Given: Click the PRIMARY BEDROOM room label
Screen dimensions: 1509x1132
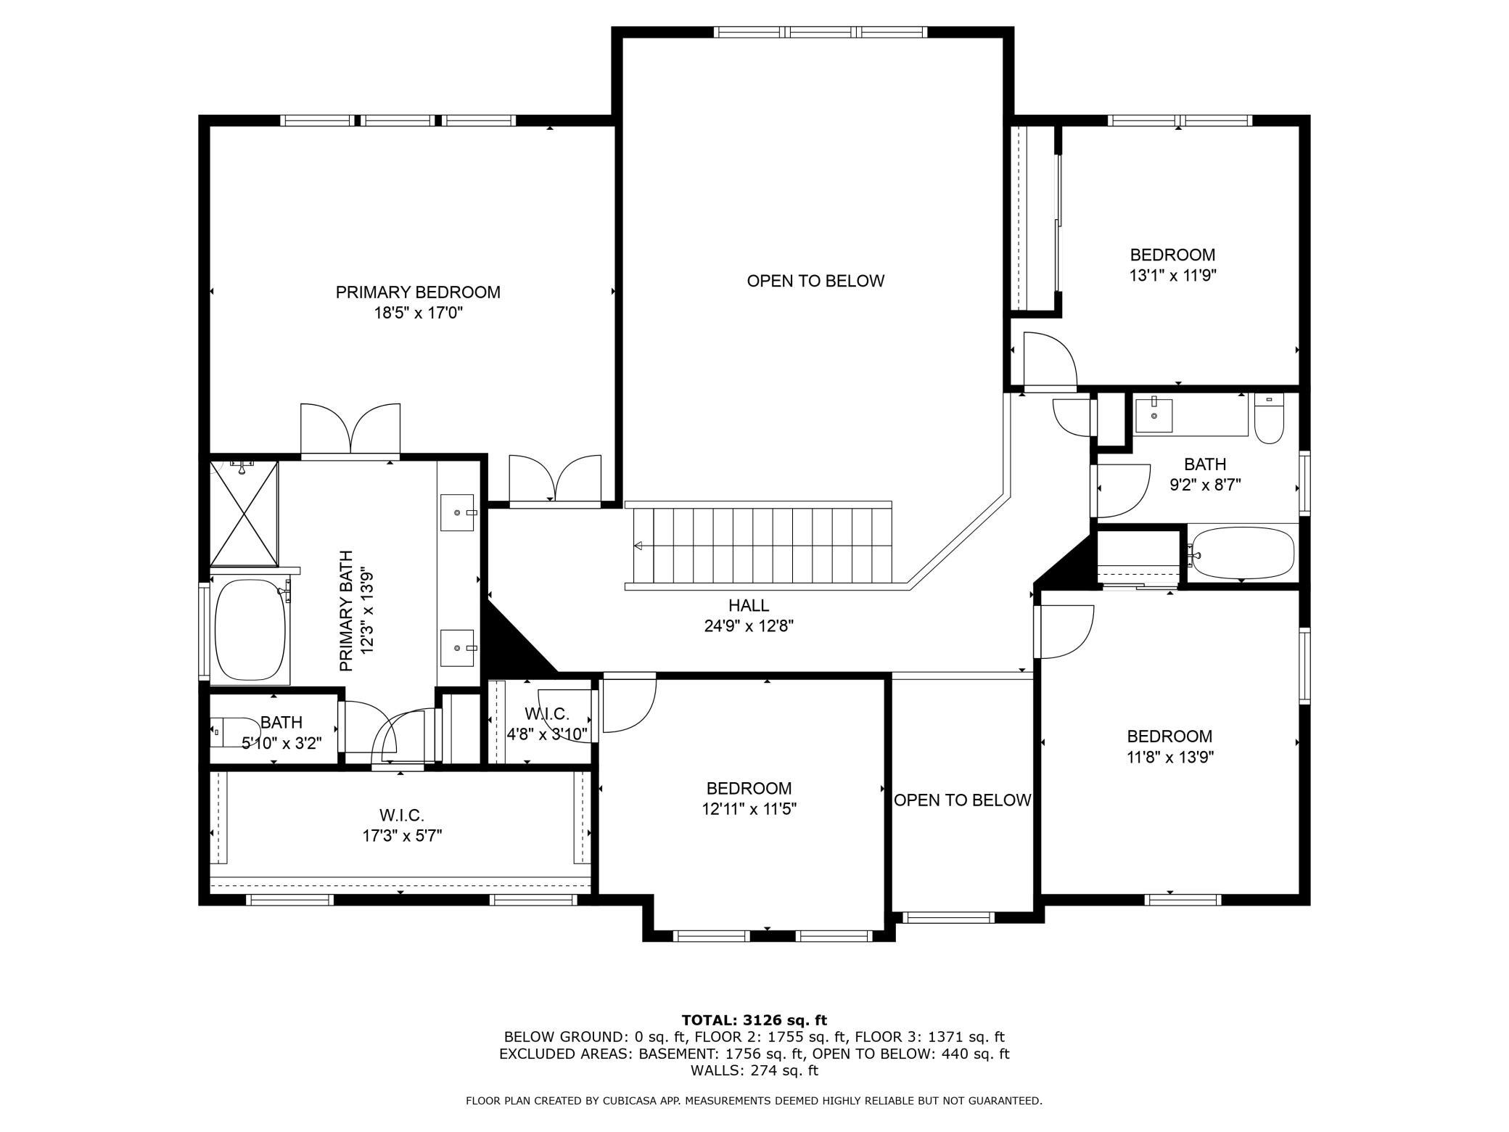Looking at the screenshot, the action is tap(418, 292).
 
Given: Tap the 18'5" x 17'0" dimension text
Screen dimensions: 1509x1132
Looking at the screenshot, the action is tap(418, 313).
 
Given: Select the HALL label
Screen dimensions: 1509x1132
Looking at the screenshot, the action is tap(749, 605).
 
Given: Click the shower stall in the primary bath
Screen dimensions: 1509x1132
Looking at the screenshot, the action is tap(244, 513).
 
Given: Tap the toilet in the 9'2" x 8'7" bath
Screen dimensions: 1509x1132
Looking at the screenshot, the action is tap(1269, 419).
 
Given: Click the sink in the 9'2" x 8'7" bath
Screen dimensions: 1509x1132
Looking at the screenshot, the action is tap(1154, 414).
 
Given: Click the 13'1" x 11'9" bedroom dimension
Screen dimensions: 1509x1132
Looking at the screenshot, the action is tap(1172, 276).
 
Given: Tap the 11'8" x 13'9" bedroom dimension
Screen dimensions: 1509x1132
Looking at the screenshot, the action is tap(1170, 757).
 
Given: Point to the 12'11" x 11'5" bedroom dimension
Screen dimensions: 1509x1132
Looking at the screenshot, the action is tap(749, 809).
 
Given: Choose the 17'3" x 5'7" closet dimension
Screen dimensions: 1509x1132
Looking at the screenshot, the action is tap(402, 836).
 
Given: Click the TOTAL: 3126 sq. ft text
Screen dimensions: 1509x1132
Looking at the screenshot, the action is tap(754, 1020).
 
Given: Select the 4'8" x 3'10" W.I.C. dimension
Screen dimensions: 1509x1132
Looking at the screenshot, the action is tap(547, 734).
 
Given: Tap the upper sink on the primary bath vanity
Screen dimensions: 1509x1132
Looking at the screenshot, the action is tap(459, 513).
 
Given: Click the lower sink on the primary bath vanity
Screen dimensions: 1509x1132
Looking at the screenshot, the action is tap(459, 647).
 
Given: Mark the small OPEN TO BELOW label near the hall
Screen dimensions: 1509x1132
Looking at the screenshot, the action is tap(962, 800).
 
